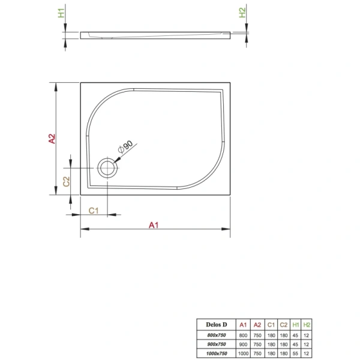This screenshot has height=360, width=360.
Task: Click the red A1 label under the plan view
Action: (x=154, y=225)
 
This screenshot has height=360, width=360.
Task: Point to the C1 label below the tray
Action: (x=94, y=210)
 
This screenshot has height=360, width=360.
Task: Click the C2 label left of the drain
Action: (x=67, y=180)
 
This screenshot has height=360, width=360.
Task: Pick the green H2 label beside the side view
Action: (x=242, y=13)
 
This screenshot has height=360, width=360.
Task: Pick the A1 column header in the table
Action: (x=242, y=325)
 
